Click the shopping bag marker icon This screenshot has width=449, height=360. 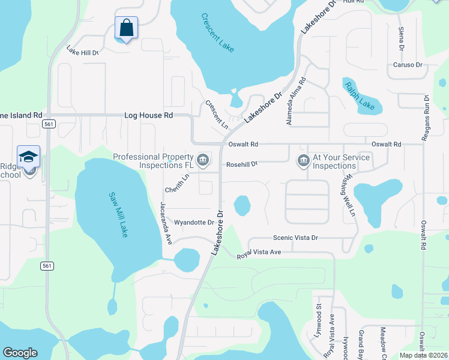click(126, 28)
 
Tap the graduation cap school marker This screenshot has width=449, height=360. click(28, 157)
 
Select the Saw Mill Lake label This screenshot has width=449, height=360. click(118, 214)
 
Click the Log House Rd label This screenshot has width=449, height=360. click(148, 115)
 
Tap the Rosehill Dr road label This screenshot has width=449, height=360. click(242, 164)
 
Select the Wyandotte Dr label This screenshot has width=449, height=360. click(194, 222)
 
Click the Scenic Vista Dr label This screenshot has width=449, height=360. click(295, 238)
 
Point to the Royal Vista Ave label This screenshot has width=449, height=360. click(259, 253)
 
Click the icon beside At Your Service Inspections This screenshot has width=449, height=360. click(303, 160)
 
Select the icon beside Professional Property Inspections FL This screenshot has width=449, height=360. click(203, 160)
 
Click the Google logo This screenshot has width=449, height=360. click(20, 352)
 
